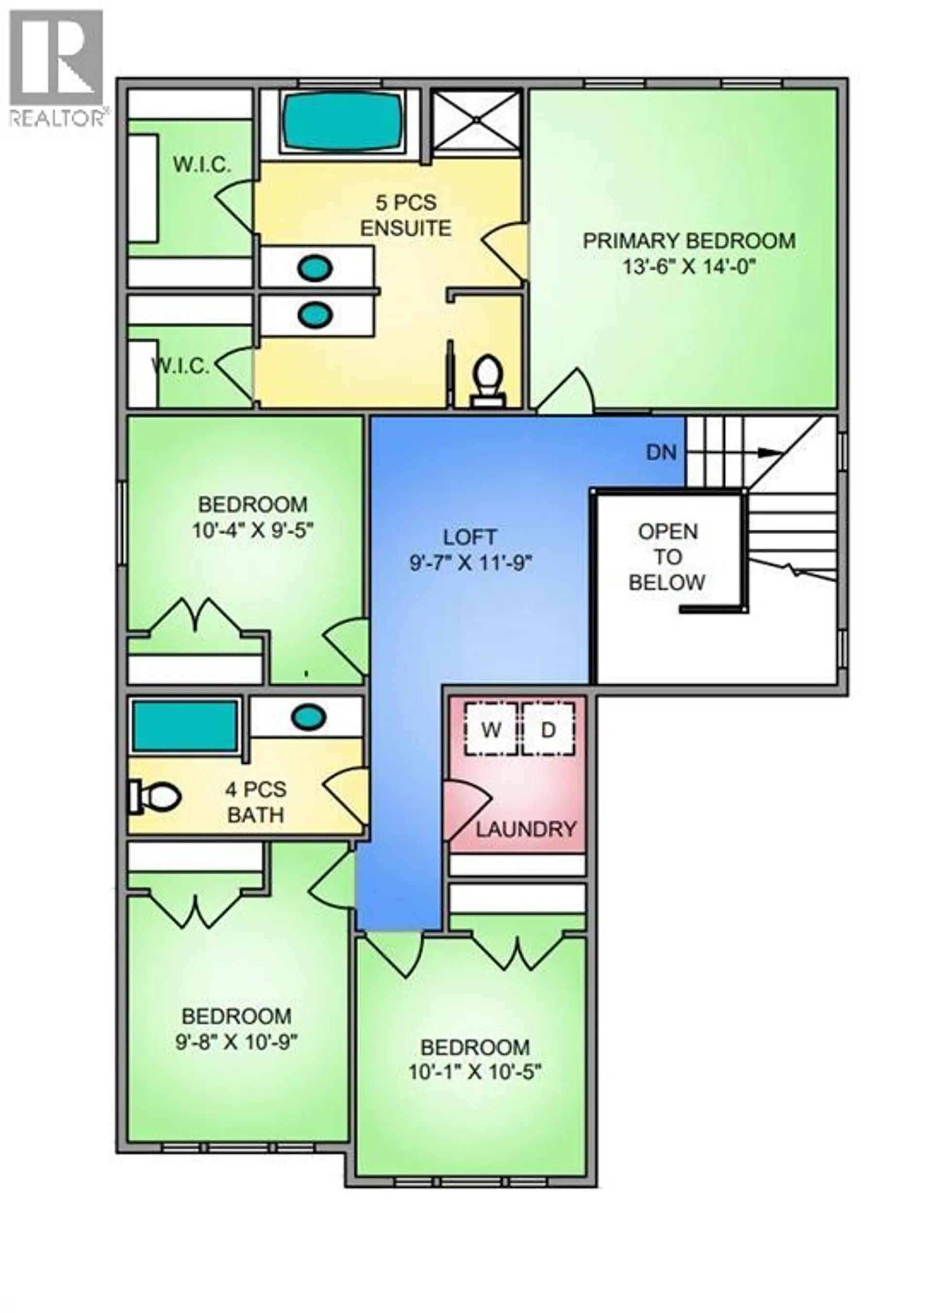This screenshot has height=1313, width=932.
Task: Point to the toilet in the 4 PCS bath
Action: [x=154, y=797]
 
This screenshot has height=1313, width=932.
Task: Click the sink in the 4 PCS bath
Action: [x=309, y=717]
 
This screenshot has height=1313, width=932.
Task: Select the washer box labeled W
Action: [x=491, y=730]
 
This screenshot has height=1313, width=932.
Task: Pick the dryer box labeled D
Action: [x=549, y=730]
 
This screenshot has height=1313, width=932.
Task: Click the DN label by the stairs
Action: [x=661, y=453]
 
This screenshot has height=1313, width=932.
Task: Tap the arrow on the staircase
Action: [x=769, y=453]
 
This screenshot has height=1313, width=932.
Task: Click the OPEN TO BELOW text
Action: [x=667, y=557]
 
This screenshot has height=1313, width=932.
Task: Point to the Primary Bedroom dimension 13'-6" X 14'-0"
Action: [x=689, y=266]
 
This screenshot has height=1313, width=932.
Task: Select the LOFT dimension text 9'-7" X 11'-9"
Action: [x=470, y=563]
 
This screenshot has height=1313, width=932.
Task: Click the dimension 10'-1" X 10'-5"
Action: [x=475, y=1071]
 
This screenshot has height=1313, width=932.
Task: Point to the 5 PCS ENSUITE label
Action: [x=406, y=215]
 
